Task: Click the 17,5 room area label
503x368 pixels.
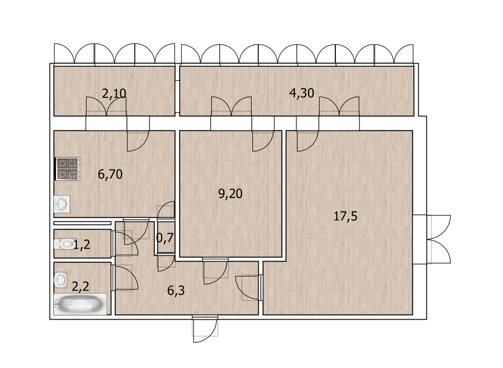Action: (346, 217)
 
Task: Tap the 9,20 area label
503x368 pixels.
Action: (231, 194)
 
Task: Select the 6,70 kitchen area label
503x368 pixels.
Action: (110, 174)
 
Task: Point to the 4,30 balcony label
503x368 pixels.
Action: (301, 93)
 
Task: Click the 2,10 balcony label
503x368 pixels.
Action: (114, 94)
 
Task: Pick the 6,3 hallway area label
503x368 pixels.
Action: (176, 291)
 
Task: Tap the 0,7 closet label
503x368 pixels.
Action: (165, 239)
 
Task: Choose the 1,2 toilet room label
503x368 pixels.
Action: (82, 245)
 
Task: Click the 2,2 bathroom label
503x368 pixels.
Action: (80, 286)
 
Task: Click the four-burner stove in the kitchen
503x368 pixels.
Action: (68, 169)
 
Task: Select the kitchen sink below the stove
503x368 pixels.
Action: (62, 204)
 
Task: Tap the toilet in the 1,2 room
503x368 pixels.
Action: (63, 244)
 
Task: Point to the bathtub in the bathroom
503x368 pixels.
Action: (80, 304)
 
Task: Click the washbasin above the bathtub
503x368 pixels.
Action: (60, 280)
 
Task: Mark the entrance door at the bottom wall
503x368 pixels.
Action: (205, 329)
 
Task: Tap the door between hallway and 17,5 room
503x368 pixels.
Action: (248, 288)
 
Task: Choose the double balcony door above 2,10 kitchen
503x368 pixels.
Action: (106, 106)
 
